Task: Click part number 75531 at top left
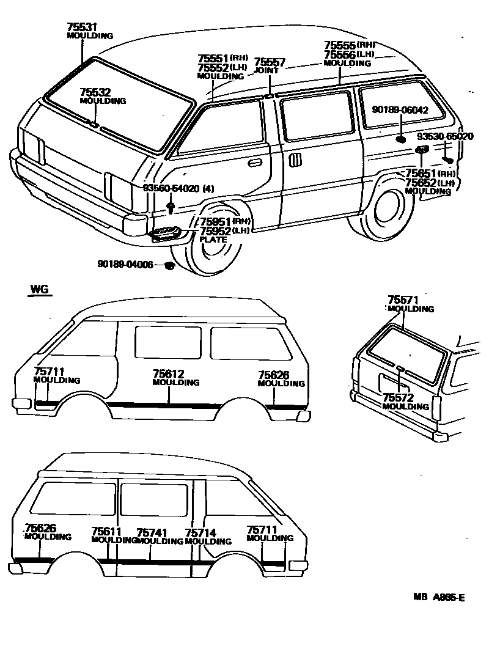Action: point(82,27)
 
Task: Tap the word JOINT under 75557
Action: point(266,70)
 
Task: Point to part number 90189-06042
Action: point(400,110)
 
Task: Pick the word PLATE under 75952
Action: point(213,240)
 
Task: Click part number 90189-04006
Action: point(125,264)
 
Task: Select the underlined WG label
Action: point(40,289)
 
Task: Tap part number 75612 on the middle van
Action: point(168,373)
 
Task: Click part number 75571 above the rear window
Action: point(403,300)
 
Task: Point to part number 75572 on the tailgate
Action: point(398,398)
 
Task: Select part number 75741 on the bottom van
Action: point(152,532)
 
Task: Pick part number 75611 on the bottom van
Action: point(106,532)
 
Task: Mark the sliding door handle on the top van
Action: point(295,160)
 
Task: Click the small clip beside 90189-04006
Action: point(171,265)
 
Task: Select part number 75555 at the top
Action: point(339,45)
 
